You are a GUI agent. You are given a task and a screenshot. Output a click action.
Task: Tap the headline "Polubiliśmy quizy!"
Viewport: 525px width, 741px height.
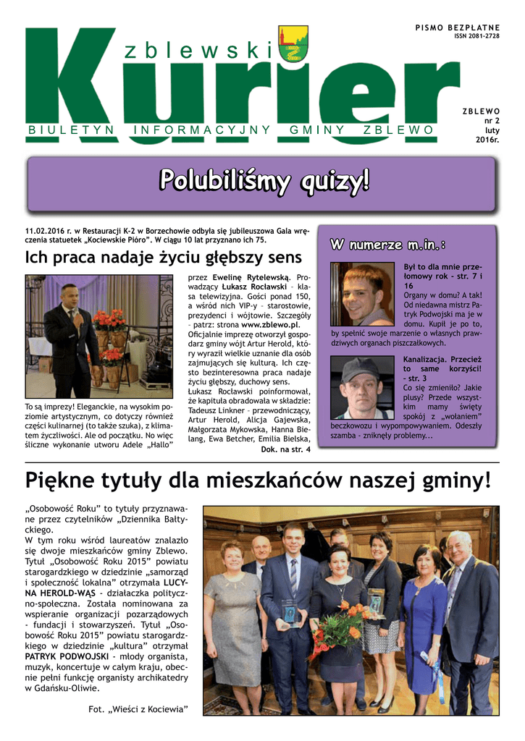(x=263, y=180)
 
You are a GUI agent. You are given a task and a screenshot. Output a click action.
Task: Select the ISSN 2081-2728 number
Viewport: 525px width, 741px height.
(x=476, y=35)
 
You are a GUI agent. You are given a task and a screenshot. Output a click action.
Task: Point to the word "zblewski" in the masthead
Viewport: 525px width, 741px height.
(x=196, y=50)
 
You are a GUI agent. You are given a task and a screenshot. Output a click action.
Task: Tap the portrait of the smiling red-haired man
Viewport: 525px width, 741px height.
(x=362, y=294)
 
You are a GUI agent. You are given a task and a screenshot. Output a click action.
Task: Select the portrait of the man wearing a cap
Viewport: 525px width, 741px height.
(x=362, y=388)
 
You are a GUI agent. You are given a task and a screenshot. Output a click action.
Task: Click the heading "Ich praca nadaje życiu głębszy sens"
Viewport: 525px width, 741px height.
(x=163, y=257)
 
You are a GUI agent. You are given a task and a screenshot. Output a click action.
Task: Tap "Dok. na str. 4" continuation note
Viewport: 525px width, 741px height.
(x=285, y=449)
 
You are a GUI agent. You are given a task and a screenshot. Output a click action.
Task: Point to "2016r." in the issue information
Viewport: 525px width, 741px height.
(x=487, y=140)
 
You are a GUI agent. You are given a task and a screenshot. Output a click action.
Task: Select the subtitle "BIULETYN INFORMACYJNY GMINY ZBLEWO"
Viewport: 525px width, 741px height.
(x=231, y=130)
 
